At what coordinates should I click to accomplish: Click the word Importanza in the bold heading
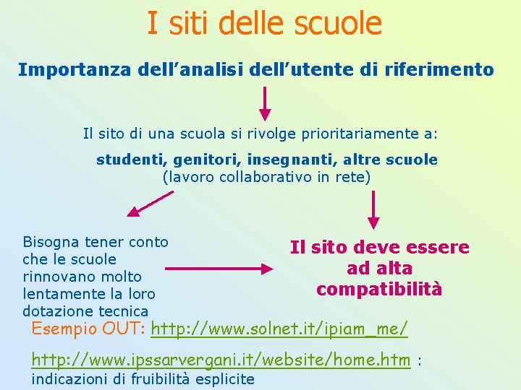click(x=75, y=70)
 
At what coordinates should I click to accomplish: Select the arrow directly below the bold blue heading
click(x=265, y=104)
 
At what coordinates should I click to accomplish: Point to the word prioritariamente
click(x=357, y=134)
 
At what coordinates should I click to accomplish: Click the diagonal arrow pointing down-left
click(x=151, y=204)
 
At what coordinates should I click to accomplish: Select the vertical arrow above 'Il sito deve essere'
click(x=373, y=209)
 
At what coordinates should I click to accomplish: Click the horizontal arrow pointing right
click(x=219, y=269)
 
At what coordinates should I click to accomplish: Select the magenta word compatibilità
click(x=379, y=289)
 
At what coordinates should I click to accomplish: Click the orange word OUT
click(x=122, y=329)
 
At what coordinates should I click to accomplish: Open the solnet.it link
click(x=279, y=329)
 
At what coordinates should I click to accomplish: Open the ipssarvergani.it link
click(x=221, y=360)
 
